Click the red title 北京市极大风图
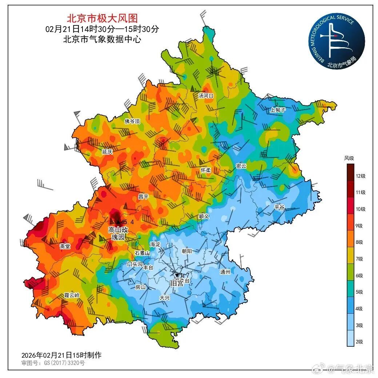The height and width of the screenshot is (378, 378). click(102, 18)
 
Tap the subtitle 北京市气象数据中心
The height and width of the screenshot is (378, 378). click(102, 39)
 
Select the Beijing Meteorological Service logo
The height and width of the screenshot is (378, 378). click(337, 43)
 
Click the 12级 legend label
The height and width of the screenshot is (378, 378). click(360, 176)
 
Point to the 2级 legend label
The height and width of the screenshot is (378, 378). click(359, 342)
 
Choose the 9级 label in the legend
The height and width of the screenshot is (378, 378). click(359, 226)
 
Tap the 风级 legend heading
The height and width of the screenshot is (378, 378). click(349, 158)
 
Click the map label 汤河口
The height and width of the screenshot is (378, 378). click(205, 96)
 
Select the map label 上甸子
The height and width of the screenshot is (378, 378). click(278, 110)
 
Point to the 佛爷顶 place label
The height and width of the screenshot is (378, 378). click(132, 121)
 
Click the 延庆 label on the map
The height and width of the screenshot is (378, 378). click(107, 152)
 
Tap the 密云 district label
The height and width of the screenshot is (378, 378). click(241, 166)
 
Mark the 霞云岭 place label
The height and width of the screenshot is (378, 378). click(71, 295)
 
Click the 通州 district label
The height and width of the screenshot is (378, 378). click(225, 272)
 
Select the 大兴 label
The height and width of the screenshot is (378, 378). click(165, 297)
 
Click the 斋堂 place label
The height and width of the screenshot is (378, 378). click(65, 246)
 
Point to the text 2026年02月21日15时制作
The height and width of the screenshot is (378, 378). click(61, 355)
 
